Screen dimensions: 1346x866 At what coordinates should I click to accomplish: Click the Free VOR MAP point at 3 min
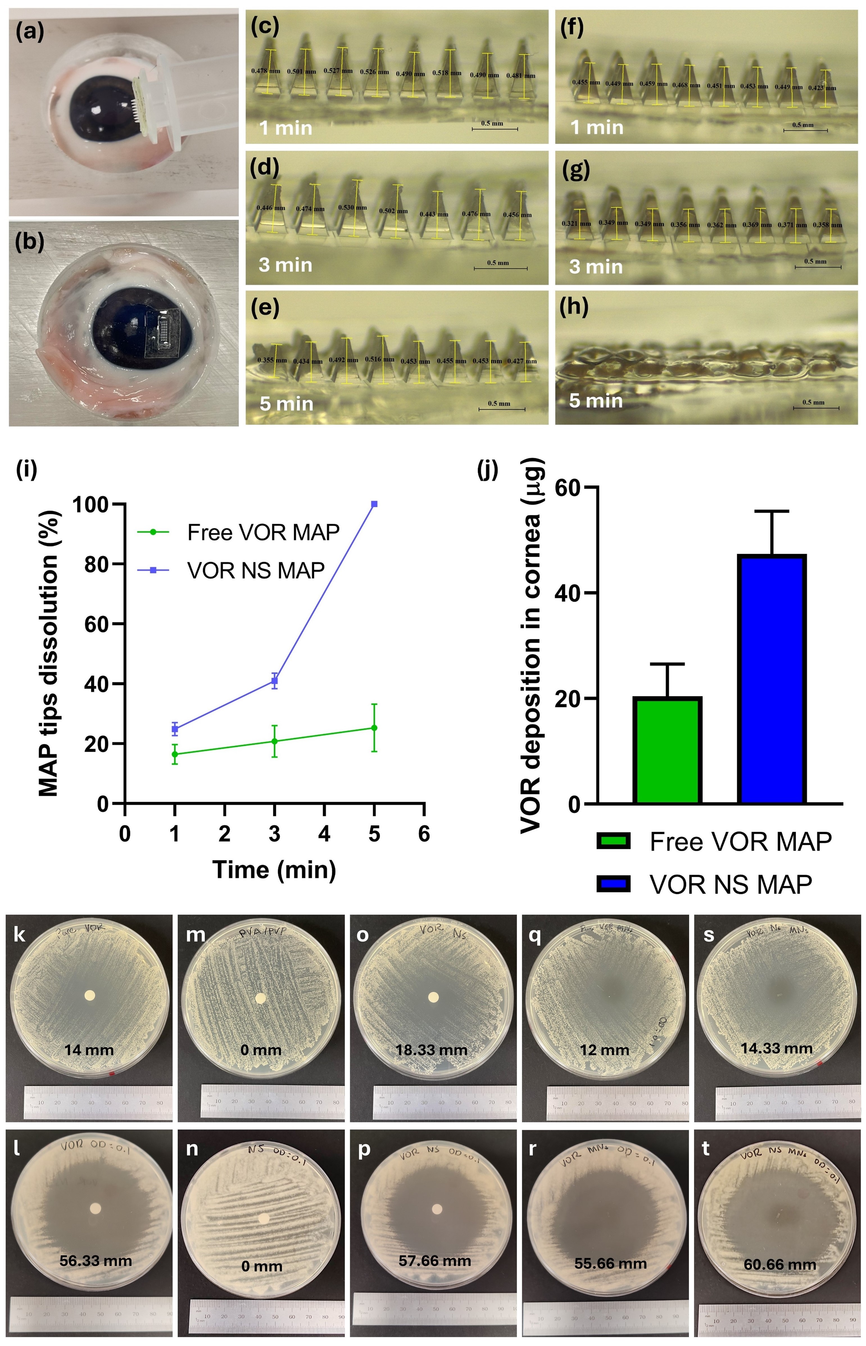point(275,741)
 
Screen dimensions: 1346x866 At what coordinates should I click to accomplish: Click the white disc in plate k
point(89,995)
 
